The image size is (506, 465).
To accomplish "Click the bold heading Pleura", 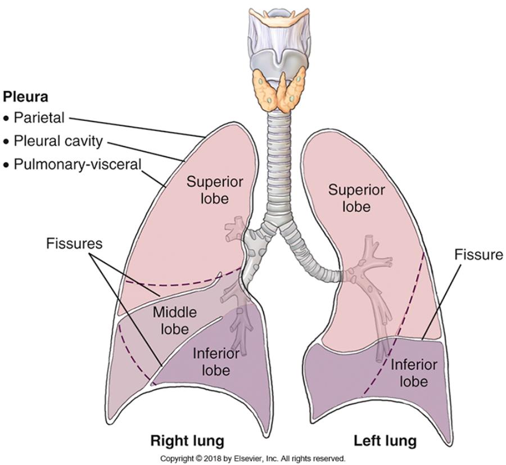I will point(26,97).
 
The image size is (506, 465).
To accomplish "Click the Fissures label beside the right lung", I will point(75,243).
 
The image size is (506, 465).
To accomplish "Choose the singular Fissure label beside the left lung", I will point(478,255).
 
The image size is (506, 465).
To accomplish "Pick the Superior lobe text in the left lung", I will point(357,198).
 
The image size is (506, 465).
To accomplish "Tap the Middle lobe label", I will point(174,319).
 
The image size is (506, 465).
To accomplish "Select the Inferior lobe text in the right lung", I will point(216,362).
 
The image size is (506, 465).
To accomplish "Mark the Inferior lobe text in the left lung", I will point(413,373).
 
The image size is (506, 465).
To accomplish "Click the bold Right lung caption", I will point(187,440).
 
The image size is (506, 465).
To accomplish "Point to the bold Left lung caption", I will point(385,440).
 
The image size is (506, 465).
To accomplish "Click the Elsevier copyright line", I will point(253,458).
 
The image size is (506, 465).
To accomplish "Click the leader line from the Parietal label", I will point(135,127).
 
